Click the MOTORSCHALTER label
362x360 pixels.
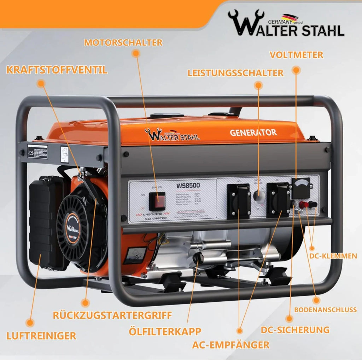tap(123, 42)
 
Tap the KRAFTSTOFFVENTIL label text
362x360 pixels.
tap(57, 70)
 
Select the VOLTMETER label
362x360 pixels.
tap(296, 55)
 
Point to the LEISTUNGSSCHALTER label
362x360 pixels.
tap(235, 73)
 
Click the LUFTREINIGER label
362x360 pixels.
tap(41, 335)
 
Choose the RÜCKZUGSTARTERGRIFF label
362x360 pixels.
tap(112, 315)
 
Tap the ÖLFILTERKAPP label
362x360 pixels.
tap(165, 331)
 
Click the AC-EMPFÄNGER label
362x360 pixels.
tap(231, 344)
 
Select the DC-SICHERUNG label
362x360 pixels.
tap(295, 330)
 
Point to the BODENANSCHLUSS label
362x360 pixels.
tap(325, 309)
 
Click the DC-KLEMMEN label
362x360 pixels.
tap(333, 255)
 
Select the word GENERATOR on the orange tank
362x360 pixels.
tap(253, 133)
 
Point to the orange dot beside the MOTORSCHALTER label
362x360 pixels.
tap(135, 53)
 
